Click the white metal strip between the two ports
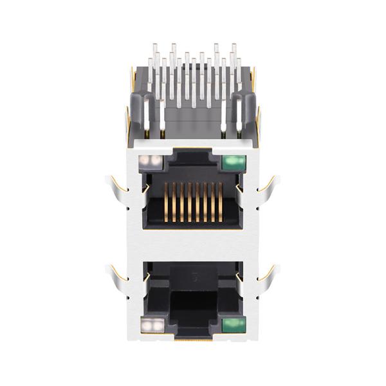point(193,244)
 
